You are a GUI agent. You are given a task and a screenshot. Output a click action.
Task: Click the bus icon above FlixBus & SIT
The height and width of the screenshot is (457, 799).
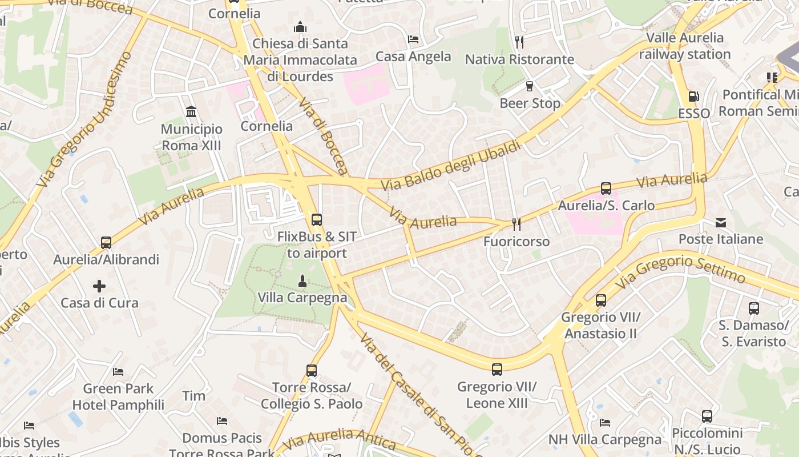coord(316,219)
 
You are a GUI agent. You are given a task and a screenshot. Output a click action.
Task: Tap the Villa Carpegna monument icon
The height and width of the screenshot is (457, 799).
coord(302,281)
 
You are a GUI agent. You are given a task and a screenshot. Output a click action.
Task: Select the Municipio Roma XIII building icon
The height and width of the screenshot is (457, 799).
coord(191,111)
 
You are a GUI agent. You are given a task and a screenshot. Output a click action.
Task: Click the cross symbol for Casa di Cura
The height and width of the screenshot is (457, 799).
coord(99,286)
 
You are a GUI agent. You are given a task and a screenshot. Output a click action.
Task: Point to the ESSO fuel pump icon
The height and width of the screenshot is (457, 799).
coord(693,97)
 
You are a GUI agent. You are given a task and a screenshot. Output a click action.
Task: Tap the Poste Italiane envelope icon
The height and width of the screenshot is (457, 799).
coord(721,222)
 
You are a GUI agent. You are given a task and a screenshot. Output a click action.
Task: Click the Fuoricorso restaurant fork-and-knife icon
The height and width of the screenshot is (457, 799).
coord(516,225)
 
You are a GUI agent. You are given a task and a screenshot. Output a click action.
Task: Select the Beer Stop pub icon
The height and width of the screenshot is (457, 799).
coord(530,86)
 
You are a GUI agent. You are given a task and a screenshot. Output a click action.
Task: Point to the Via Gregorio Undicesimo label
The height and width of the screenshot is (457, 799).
coord(84,120)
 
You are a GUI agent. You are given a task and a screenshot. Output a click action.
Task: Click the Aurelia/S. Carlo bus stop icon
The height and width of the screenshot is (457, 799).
coord(606,189)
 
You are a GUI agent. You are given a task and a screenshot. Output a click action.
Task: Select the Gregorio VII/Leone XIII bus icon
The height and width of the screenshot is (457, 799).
coord(497,369)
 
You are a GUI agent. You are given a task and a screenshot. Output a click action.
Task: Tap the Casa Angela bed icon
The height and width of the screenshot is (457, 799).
coord(413,39)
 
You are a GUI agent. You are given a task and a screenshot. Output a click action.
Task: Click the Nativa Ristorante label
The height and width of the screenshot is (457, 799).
coord(519,59)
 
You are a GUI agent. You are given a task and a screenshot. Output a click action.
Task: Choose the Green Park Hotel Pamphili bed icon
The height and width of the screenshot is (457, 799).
coord(118,372)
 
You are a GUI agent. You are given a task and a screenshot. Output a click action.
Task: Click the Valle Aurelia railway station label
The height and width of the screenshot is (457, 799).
coord(684,46)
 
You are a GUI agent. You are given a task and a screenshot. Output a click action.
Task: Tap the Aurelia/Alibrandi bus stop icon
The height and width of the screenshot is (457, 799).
coord(106,242)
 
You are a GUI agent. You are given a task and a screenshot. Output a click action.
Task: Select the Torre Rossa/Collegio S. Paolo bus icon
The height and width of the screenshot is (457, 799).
coord(312,370)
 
